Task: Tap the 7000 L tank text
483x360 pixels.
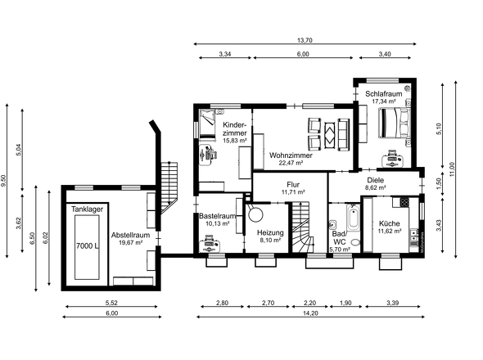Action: (87, 245)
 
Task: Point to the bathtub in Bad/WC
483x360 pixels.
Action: (352, 219)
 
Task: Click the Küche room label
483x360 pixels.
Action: (389, 223)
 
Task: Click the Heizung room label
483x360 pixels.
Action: (270, 232)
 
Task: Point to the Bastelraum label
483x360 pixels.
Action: (218, 216)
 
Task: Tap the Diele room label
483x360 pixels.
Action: (375, 179)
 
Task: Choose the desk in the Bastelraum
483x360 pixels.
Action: (210, 242)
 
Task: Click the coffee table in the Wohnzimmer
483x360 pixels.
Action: (328, 132)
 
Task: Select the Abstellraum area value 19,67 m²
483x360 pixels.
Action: (129, 242)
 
